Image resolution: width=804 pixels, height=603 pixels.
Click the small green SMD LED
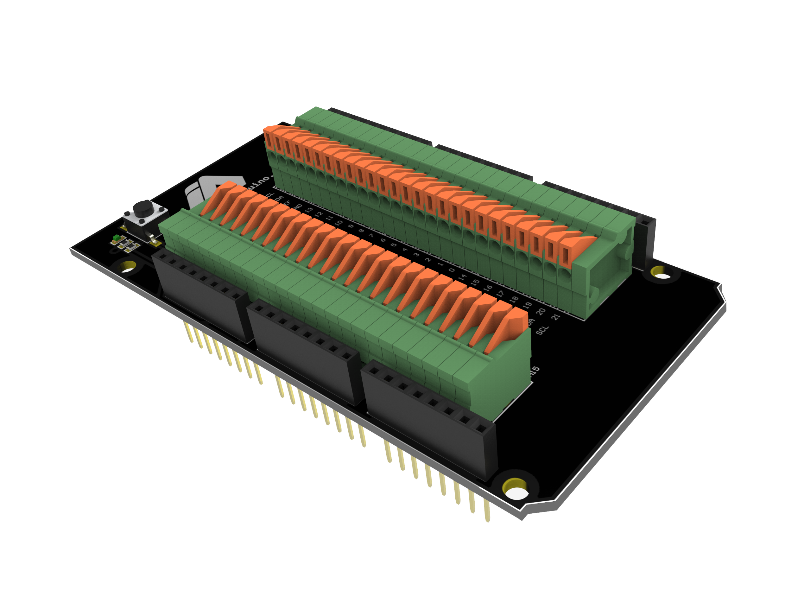click(x=116, y=238)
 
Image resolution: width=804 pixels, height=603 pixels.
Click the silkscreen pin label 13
click(x=309, y=210)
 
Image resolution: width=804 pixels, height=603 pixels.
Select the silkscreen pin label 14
click(x=462, y=277)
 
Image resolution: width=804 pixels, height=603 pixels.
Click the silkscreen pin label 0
click(x=452, y=270)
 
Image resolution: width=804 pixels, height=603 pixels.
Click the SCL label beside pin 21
click(x=541, y=330)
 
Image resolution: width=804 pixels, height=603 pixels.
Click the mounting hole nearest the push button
click(x=128, y=267)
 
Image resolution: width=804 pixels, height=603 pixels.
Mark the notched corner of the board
click(x=721, y=295)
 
